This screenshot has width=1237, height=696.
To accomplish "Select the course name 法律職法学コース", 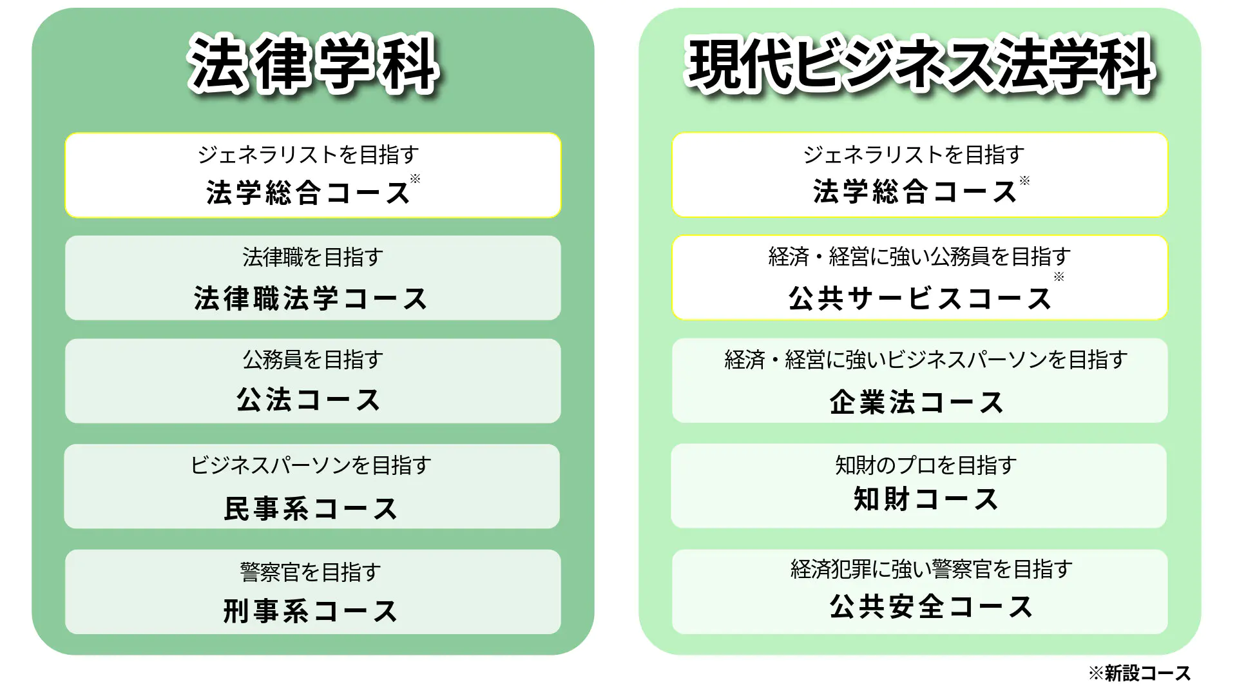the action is [x=311, y=298].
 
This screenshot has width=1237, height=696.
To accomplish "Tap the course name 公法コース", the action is [x=309, y=400].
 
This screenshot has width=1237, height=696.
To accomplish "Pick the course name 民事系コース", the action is [x=311, y=508].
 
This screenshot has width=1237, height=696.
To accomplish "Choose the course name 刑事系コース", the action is [x=311, y=611].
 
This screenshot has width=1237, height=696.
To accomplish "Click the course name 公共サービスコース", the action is [x=920, y=298].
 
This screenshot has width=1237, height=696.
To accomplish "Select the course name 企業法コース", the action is [x=917, y=402].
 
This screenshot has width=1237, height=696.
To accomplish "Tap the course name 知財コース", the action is [x=926, y=499].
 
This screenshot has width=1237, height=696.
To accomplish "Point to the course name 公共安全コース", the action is [x=932, y=606].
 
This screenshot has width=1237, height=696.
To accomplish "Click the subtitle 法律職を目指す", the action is [x=313, y=257].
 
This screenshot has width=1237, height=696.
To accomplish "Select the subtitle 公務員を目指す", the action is [x=313, y=360].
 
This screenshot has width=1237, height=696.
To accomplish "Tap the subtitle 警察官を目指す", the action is [x=311, y=572].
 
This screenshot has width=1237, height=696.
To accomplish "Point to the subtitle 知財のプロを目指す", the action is [x=926, y=465].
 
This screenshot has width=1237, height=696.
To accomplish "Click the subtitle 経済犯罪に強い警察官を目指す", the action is [x=932, y=569].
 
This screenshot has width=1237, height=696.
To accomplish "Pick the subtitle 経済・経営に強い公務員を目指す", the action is [x=920, y=256].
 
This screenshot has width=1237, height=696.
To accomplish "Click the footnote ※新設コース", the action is [x=1139, y=673].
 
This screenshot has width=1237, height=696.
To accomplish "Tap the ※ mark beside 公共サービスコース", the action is [x=1059, y=277].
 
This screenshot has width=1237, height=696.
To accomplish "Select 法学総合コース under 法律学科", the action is [x=309, y=192].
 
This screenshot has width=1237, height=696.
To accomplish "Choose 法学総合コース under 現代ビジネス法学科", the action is [x=916, y=191].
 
